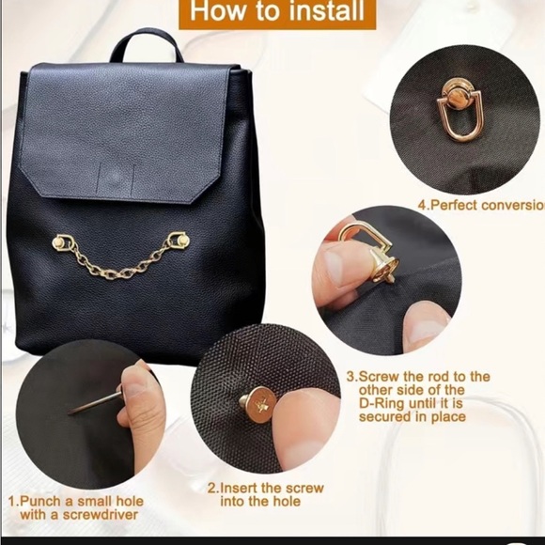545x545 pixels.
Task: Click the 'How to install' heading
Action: pos(272,13)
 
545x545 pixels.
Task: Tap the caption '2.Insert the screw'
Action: pos(266,488)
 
